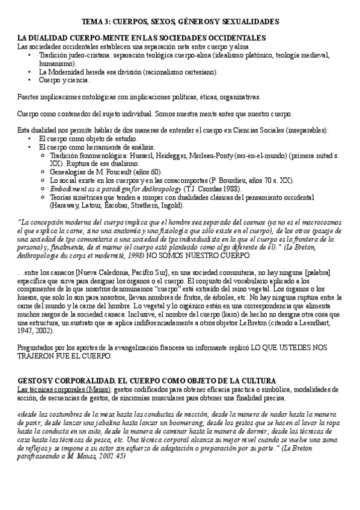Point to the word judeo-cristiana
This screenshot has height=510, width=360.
pos(81,55)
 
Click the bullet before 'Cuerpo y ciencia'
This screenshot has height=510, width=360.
pos(30,80)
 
